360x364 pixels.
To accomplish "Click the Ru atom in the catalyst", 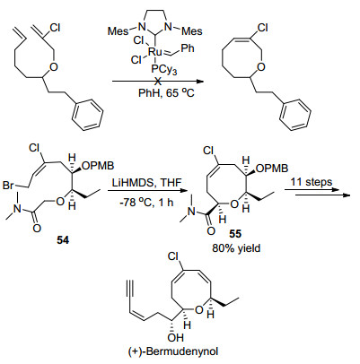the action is pos(155,52).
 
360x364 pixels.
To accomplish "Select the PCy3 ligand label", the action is pos(164,70).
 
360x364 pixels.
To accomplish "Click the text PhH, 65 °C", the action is pos(166,93).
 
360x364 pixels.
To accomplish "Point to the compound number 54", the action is pos(63,239).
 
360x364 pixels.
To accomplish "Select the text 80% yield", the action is pos(237,247).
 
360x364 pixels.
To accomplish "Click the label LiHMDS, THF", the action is pos(148,183).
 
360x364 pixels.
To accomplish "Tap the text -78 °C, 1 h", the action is pos(147,203).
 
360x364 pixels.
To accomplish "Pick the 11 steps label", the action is pos(312,182).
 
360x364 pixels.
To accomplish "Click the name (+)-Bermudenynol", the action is pos(173,351).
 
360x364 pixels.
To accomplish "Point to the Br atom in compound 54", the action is pos(9,186).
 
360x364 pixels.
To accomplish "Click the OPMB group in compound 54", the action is pos(98,165).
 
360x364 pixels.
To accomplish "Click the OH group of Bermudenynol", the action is pos(176,338).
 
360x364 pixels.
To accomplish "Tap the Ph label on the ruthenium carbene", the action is pos(188,48).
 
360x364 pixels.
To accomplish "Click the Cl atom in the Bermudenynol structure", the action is pos(173,256).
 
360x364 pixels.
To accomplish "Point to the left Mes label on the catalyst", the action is pos(119,30).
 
